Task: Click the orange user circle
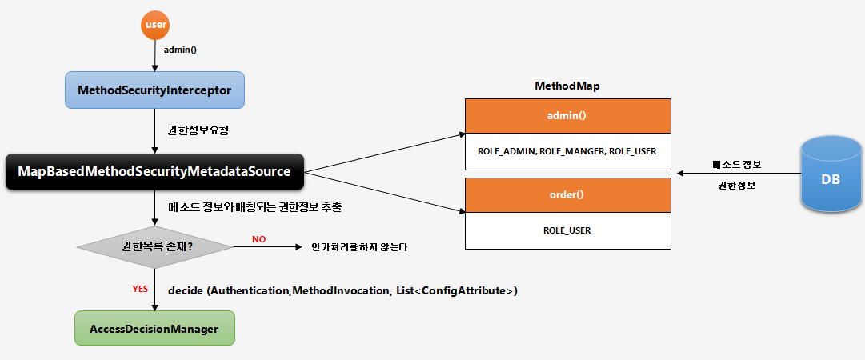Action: [154, 25]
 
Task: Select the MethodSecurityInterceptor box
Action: [154, 91]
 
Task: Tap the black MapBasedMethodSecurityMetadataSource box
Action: [154, 172]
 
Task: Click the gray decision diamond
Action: [154, 246]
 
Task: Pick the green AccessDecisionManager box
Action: [154, 329]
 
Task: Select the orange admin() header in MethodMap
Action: [567, 116]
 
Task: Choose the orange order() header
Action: [567, 195]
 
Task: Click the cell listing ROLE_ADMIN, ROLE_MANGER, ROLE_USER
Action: [567, 150]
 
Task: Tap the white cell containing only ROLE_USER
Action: [567, 230]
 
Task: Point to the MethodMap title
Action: [567, 85]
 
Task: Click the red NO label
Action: [258, 239]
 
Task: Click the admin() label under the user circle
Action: [180, 50]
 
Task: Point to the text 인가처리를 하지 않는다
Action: [359, 247]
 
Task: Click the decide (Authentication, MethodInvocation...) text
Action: [342, 290]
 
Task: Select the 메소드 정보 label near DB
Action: [736, 164]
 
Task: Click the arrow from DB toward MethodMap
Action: [736, 174]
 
